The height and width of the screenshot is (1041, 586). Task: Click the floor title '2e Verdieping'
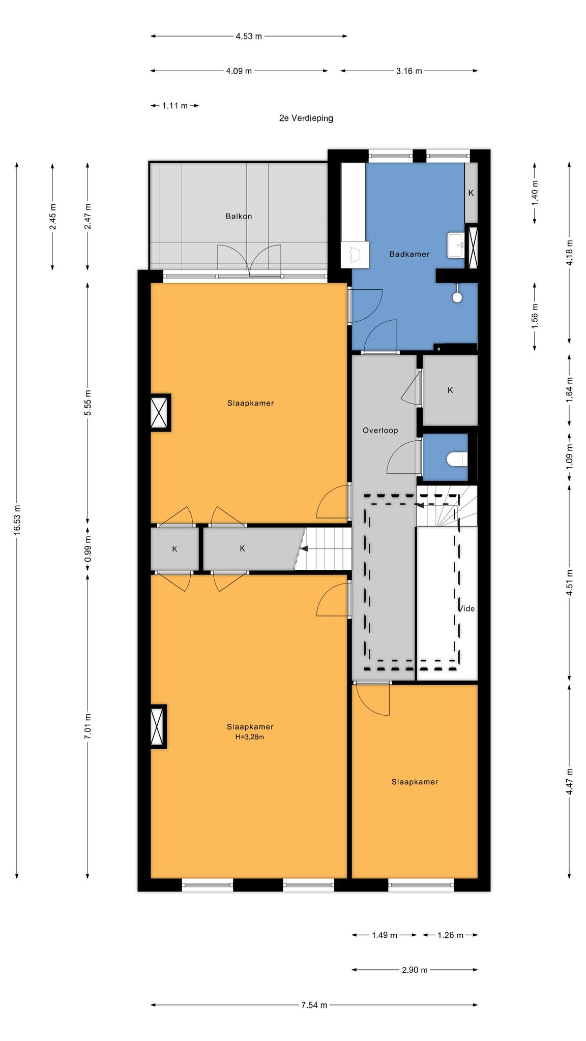coord(306,118)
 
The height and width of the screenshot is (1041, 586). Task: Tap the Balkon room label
coord(239,216)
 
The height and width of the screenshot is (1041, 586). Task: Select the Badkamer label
coord(409,254)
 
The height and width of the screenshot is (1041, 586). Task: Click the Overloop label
coord(380,431)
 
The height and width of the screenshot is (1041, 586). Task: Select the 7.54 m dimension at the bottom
coord(314,1005)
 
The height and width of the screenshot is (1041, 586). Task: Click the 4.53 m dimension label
coord(249,36)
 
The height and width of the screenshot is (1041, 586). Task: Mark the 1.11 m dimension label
coord(175,106)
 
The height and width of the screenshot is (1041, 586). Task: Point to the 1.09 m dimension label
coord(569,456)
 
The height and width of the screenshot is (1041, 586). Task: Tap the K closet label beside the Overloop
coord(450,390)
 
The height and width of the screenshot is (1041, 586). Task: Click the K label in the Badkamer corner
coord(471,193)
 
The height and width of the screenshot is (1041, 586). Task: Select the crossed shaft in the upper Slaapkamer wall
coord(160,412)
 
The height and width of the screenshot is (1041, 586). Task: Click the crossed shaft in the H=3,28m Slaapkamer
coord(158,726)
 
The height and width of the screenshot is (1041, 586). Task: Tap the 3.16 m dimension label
coord(409,71)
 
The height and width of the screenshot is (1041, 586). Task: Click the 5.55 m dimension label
coord(88,403)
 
